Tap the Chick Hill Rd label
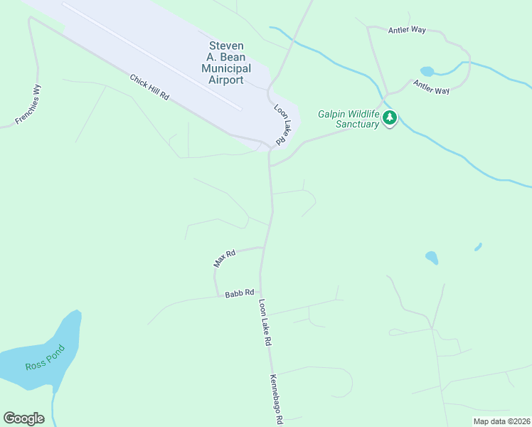click(x=149, y=86)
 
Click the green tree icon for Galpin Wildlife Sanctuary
click(x=389, y=118)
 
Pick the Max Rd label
click(x=224, y=258)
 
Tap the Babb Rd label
click(x=240, y=293)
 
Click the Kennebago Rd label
click(x=275, y=399)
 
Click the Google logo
click(x=23, y=418)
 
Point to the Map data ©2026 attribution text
click(x=501, y=421)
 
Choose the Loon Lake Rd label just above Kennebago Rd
click(x=265, y=322)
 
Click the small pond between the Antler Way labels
click(x=427, y=71)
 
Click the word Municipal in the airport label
click(x=226, y=68)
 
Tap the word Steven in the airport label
click(x=225, y=46)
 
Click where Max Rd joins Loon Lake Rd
click(x=264, y=248)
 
